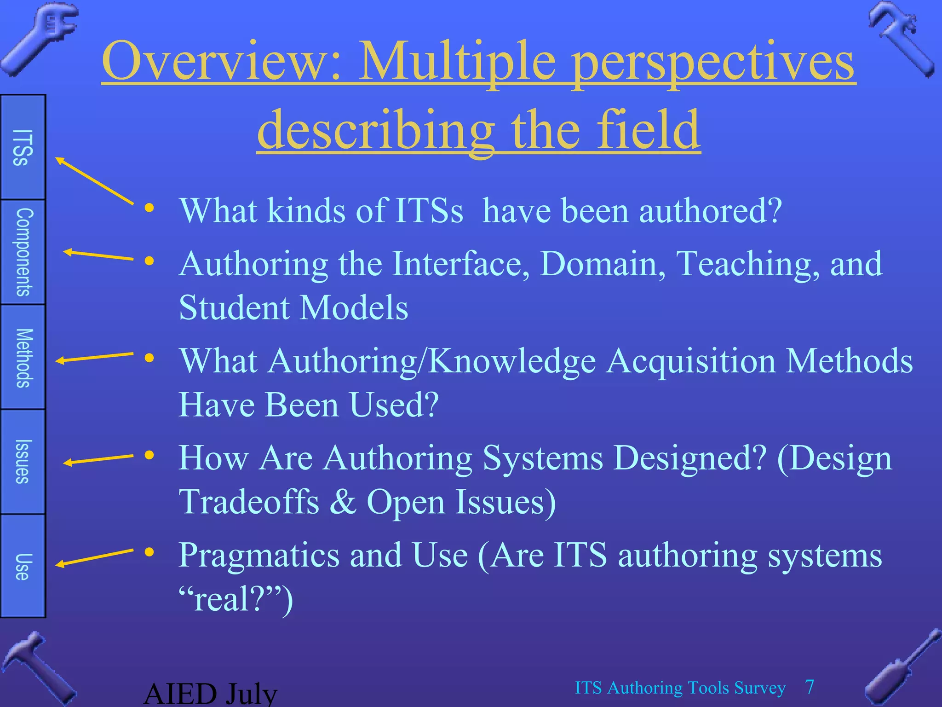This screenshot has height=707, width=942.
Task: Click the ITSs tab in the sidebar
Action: click(x=23, y=147)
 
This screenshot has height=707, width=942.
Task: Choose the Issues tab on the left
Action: click(x=23, y=462)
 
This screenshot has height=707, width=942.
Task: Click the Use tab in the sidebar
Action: click(x=23, y=566)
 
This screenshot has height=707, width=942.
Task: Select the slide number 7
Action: click(x=810, y=687)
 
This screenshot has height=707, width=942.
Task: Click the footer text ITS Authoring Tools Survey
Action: click(x=680, y=688)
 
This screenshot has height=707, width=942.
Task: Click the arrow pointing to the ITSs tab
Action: click(x=94, y=180)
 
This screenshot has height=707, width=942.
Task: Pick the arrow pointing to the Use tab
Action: click(x=94, y=557)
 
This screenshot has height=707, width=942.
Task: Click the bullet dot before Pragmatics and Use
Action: click(x=149, y=552)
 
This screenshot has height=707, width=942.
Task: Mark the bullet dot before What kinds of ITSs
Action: click(x=149, y=208)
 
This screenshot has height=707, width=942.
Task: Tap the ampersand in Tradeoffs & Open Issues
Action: click(x=343, y=502)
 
